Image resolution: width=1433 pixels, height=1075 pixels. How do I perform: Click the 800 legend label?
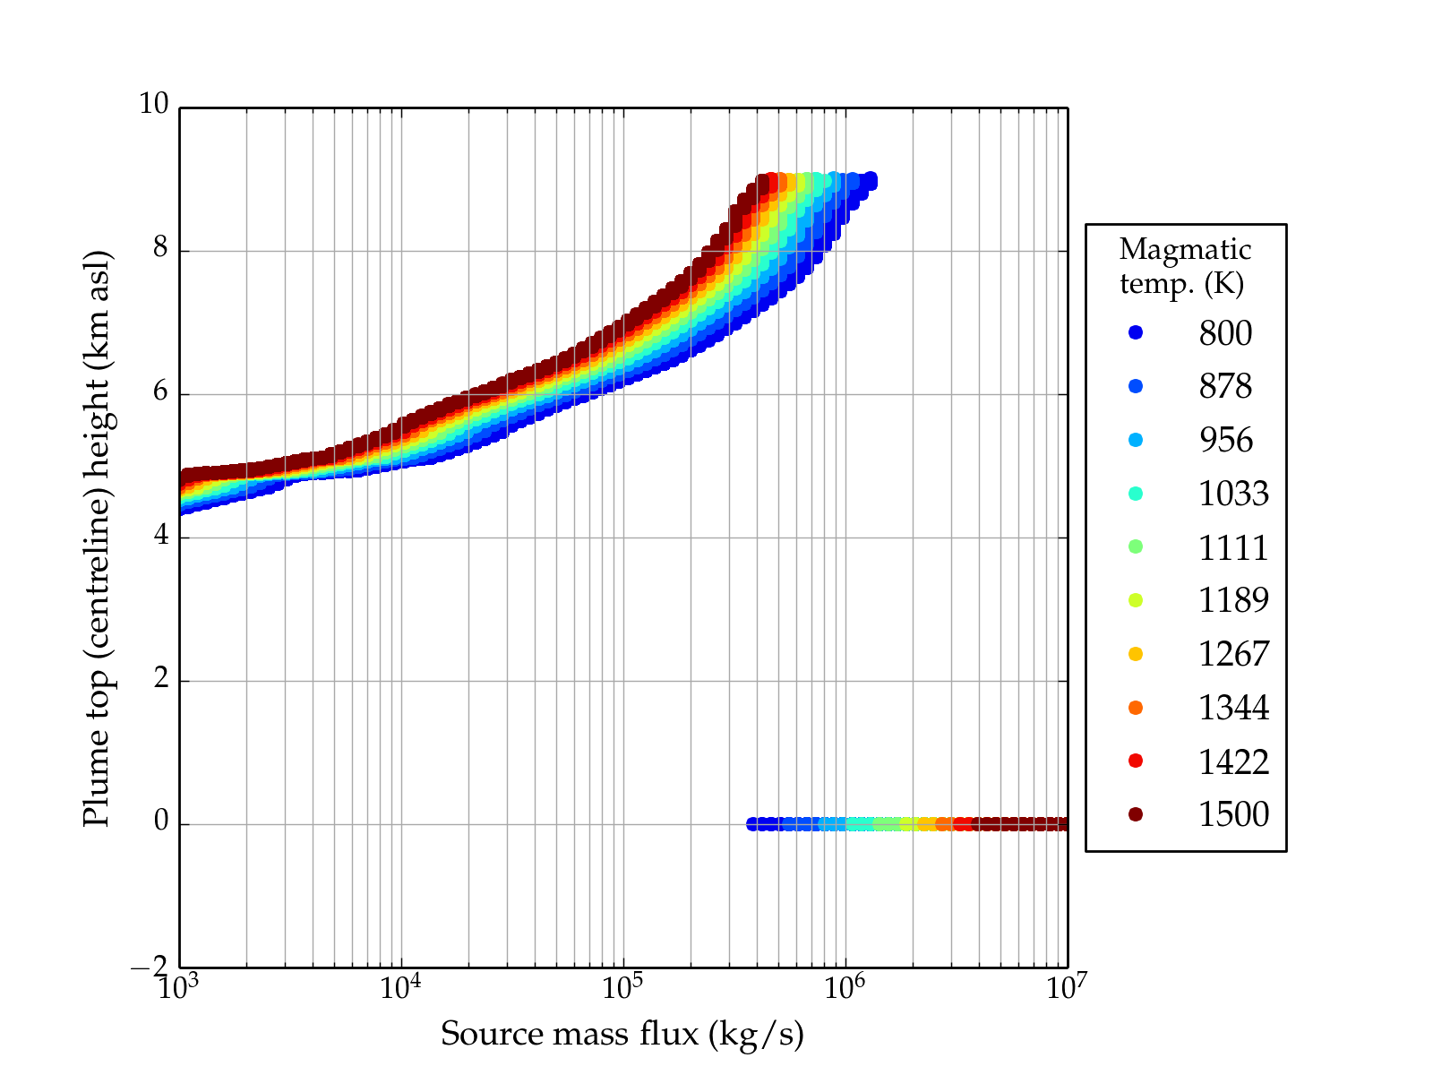pyautogui.click(x=1225, y=333)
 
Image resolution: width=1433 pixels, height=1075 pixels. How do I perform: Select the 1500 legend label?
pyautogui.click(x=1233, y=814)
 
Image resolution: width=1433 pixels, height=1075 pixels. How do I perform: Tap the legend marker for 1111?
pyautogui.click(x=1136, y=546)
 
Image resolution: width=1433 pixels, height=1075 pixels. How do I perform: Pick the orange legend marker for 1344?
pyautogui.click(x=1136, y=708)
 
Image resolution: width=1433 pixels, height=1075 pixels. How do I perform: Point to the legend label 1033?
pyautogui.click(x=1233, y=494)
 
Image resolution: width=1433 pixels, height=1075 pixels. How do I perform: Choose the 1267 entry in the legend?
pyautogui.click(x=1233, y=654)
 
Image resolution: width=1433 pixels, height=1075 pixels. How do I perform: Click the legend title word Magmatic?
pyautogui.click(x=1185, y=249)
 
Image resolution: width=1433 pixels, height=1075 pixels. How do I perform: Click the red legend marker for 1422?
pyautogui.click(x=1136, y=761)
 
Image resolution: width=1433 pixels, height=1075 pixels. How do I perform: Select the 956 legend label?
pyautogui.click(x=1225, y=440)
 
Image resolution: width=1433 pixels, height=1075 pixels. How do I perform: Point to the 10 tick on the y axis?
pyautogui.click(x=153, y=105)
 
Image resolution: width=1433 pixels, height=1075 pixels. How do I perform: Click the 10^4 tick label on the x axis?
pyautogui.click(x=400, y=987)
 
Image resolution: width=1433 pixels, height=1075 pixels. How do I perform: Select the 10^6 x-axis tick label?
pyautogui.click(x=845, y=987)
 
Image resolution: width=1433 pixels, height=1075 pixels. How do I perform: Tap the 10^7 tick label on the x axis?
pyautogui.click(x=1067, y=987)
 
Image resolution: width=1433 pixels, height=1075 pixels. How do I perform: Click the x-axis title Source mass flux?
pyautogui.click(x=622, y=1035)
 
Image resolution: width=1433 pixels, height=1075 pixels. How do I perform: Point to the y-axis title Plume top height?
pyautogui.click(x=96, y=537)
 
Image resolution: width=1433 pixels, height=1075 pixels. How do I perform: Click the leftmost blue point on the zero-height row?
pyautogui.click(x=753, y=824)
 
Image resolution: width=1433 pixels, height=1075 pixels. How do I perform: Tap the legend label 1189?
pyautogui.click(x=1233, y=600)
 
